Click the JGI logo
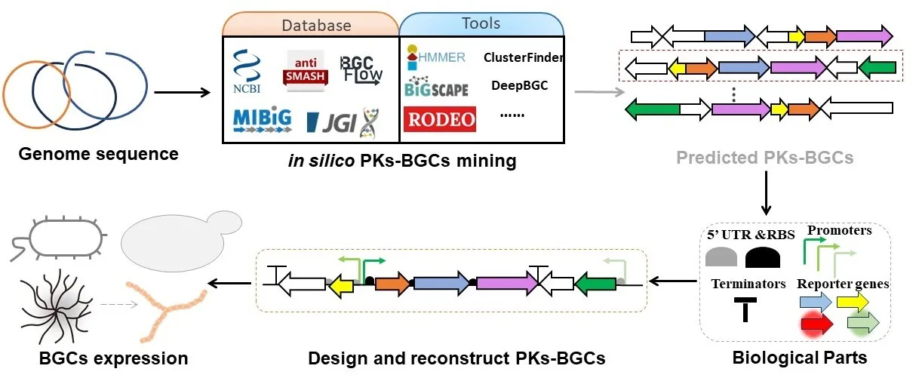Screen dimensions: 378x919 pyautogui.click(x=342, y=122)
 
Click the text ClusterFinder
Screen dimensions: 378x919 pyautogui.click(x=523, y=57)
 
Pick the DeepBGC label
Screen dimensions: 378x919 pyautogui.click(x=519, y=85)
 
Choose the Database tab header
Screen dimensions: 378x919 pyautogui.click(x=316, y=25)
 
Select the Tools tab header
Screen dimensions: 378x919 pyautogui.click(x=481, y=23)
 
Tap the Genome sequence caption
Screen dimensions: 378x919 pyautogui.click(x=98, y=155)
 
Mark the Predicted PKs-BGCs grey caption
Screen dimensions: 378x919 pyautogui.click(x=764, y=158)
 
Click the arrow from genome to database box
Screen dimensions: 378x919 pyautogui.click(x=181, y=94)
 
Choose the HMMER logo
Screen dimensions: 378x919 pyautogui.click(x=435, y=56)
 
